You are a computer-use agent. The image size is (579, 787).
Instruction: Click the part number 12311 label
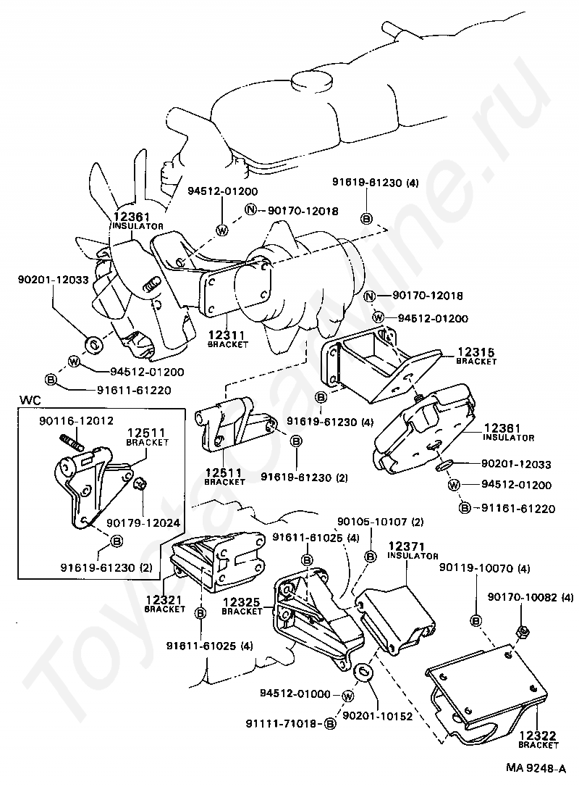point(226,335)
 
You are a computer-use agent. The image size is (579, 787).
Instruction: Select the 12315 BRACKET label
point(476,357)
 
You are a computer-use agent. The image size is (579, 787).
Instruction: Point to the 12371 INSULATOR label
point(413,551)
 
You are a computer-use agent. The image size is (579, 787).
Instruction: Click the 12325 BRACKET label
point(242,607)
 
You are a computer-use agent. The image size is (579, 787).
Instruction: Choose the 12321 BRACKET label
point(164,604)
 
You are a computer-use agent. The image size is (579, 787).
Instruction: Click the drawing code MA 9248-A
point(536,768)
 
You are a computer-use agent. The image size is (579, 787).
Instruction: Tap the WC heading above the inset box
point(30,401)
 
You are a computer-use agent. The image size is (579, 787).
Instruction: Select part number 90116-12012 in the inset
point(76,420)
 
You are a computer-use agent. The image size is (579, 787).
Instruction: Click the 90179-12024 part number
point(143,523)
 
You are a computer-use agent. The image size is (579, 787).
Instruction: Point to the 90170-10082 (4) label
point(531,598)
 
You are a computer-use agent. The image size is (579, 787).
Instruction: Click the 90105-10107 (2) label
point(381,522)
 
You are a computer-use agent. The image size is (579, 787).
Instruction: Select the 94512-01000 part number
point(295,694)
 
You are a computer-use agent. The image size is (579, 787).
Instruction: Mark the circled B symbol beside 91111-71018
point(329,724)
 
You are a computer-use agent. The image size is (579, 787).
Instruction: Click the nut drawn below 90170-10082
point(522,630)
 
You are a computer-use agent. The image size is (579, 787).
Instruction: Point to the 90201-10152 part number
point(378,715)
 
